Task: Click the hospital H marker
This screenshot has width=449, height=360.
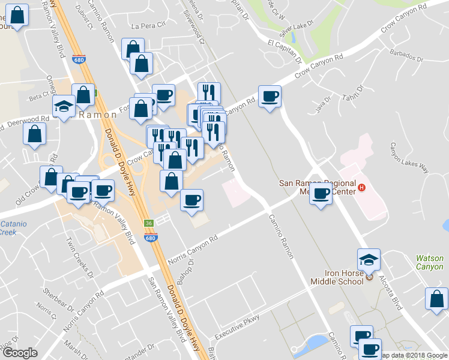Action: [x=361, y=188]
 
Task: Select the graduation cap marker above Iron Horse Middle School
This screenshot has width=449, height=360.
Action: [x=369, y=260]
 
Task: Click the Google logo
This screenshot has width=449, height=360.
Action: [x=20, y=353]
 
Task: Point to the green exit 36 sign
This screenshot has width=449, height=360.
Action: [x=148, y=223]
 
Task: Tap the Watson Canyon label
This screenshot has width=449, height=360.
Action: [x=430, y=263]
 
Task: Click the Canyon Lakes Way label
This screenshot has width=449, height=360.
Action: [x=409, y=157]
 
